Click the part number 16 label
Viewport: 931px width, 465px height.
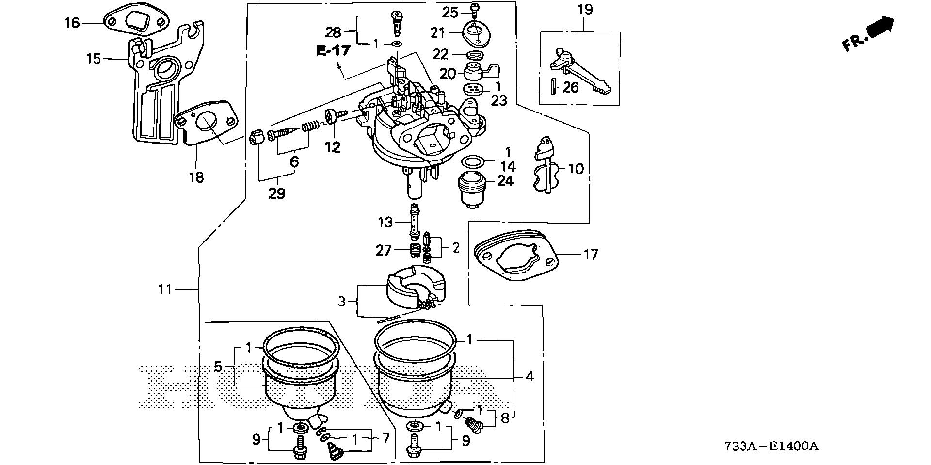coord(72,23)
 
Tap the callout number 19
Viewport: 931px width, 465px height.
coord(585,9)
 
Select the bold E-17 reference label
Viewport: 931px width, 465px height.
coord(333,50)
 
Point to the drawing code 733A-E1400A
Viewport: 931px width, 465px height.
coord(771,447)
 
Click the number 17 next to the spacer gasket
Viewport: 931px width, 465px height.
coord(591,254)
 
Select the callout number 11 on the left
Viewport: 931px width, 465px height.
coord(165,289)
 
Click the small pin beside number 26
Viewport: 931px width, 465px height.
coord(553,87)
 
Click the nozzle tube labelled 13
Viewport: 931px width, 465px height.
coord(415,223)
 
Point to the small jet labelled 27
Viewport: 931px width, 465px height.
coord(414,252)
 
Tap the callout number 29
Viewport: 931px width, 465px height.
coord(277,193)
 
